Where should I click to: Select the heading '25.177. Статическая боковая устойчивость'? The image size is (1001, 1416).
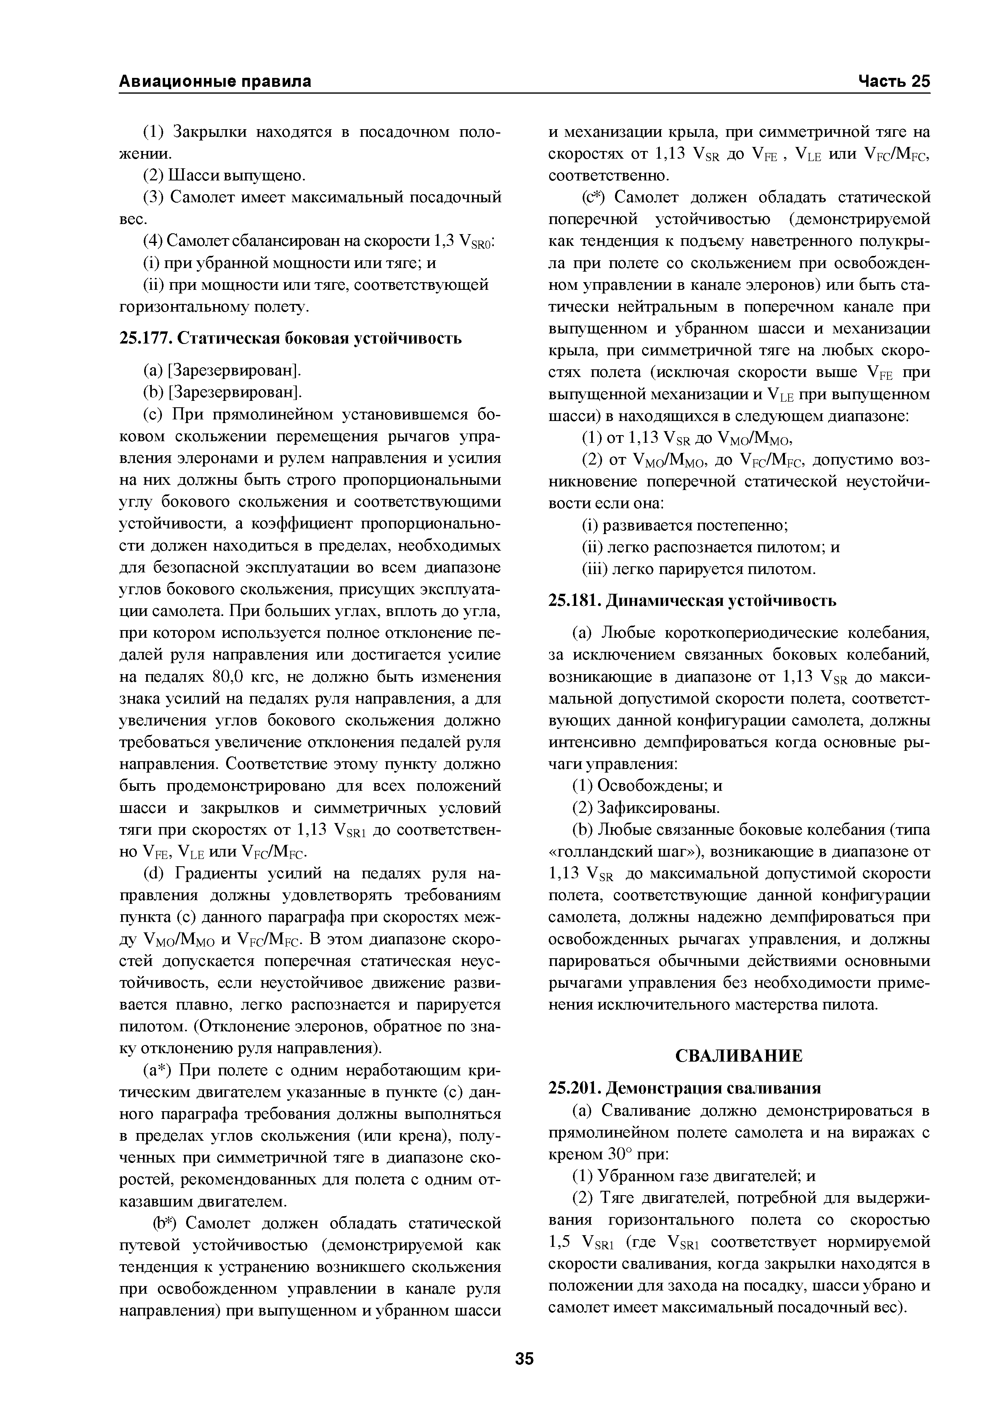click(290, 339)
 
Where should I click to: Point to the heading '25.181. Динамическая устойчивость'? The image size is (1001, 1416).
click(692, 600)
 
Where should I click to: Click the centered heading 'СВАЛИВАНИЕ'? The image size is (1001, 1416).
click(739, 1056)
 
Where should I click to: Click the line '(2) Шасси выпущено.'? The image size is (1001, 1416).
click(224, 176)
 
